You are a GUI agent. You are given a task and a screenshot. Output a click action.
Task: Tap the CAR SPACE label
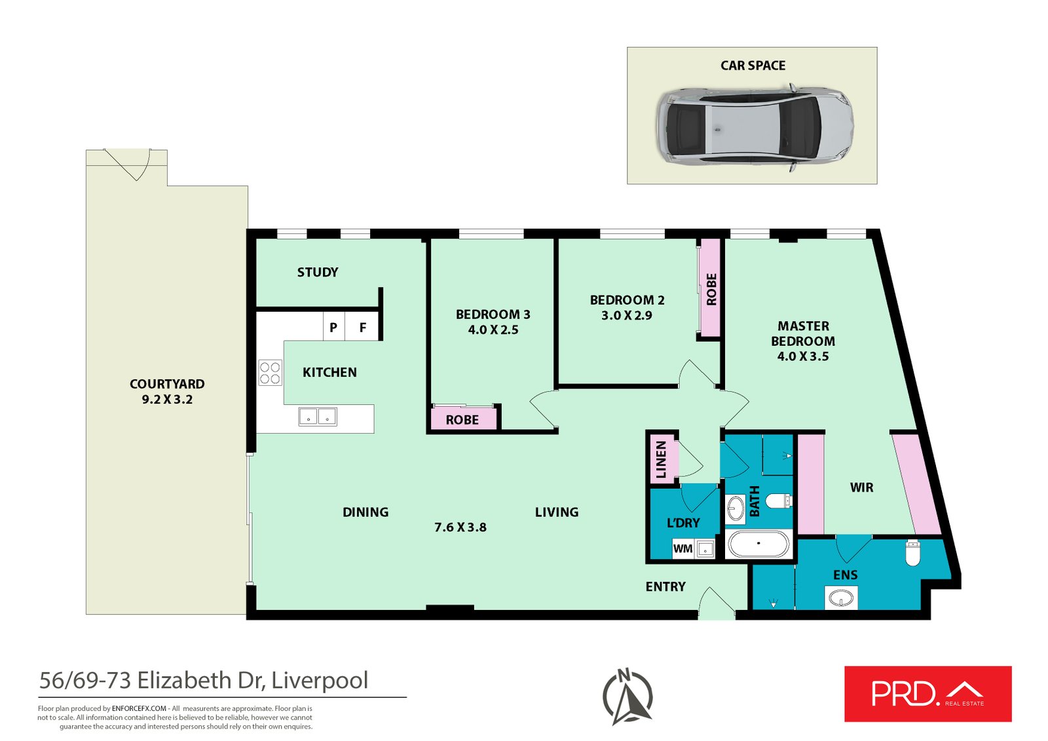[753, 66]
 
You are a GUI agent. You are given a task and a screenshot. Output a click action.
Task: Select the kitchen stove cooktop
[270, 373]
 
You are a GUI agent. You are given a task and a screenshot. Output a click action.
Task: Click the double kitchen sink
[318, 417]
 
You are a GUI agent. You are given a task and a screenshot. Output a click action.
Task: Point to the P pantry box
[333, 328]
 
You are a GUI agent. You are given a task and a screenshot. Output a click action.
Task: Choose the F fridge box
[363, 328]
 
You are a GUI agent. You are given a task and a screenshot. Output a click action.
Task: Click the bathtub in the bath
[758, 544]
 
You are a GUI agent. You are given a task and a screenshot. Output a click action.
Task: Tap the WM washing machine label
[683, 549]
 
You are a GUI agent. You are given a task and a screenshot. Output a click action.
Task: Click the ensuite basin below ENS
[841, 598]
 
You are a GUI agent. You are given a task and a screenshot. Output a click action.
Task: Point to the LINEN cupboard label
[661, 459]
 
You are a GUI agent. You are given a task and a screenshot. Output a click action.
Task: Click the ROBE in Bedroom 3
[462, 419]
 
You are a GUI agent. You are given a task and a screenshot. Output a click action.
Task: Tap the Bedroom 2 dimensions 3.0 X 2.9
[627, 315]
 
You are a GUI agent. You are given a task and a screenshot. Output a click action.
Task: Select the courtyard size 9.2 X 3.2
[167, 400]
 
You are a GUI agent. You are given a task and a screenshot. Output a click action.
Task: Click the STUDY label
[318, 272]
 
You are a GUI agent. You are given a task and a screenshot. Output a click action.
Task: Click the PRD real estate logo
[927, 694]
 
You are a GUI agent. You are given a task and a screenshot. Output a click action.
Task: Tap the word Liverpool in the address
[320, 680]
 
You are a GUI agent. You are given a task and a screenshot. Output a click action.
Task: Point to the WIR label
[861, 487]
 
